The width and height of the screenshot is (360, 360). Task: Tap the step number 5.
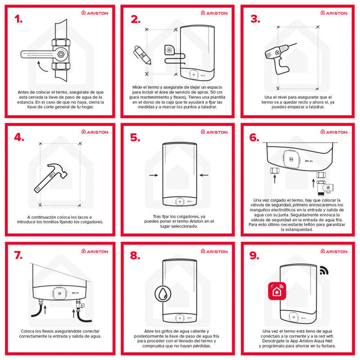pyautogui.click(x=135, y=138)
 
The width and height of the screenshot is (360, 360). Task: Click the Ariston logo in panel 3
pyautogui.click(x=334, y=13)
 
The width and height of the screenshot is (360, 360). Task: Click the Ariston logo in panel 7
pyautogui.click(x=95, y=251)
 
